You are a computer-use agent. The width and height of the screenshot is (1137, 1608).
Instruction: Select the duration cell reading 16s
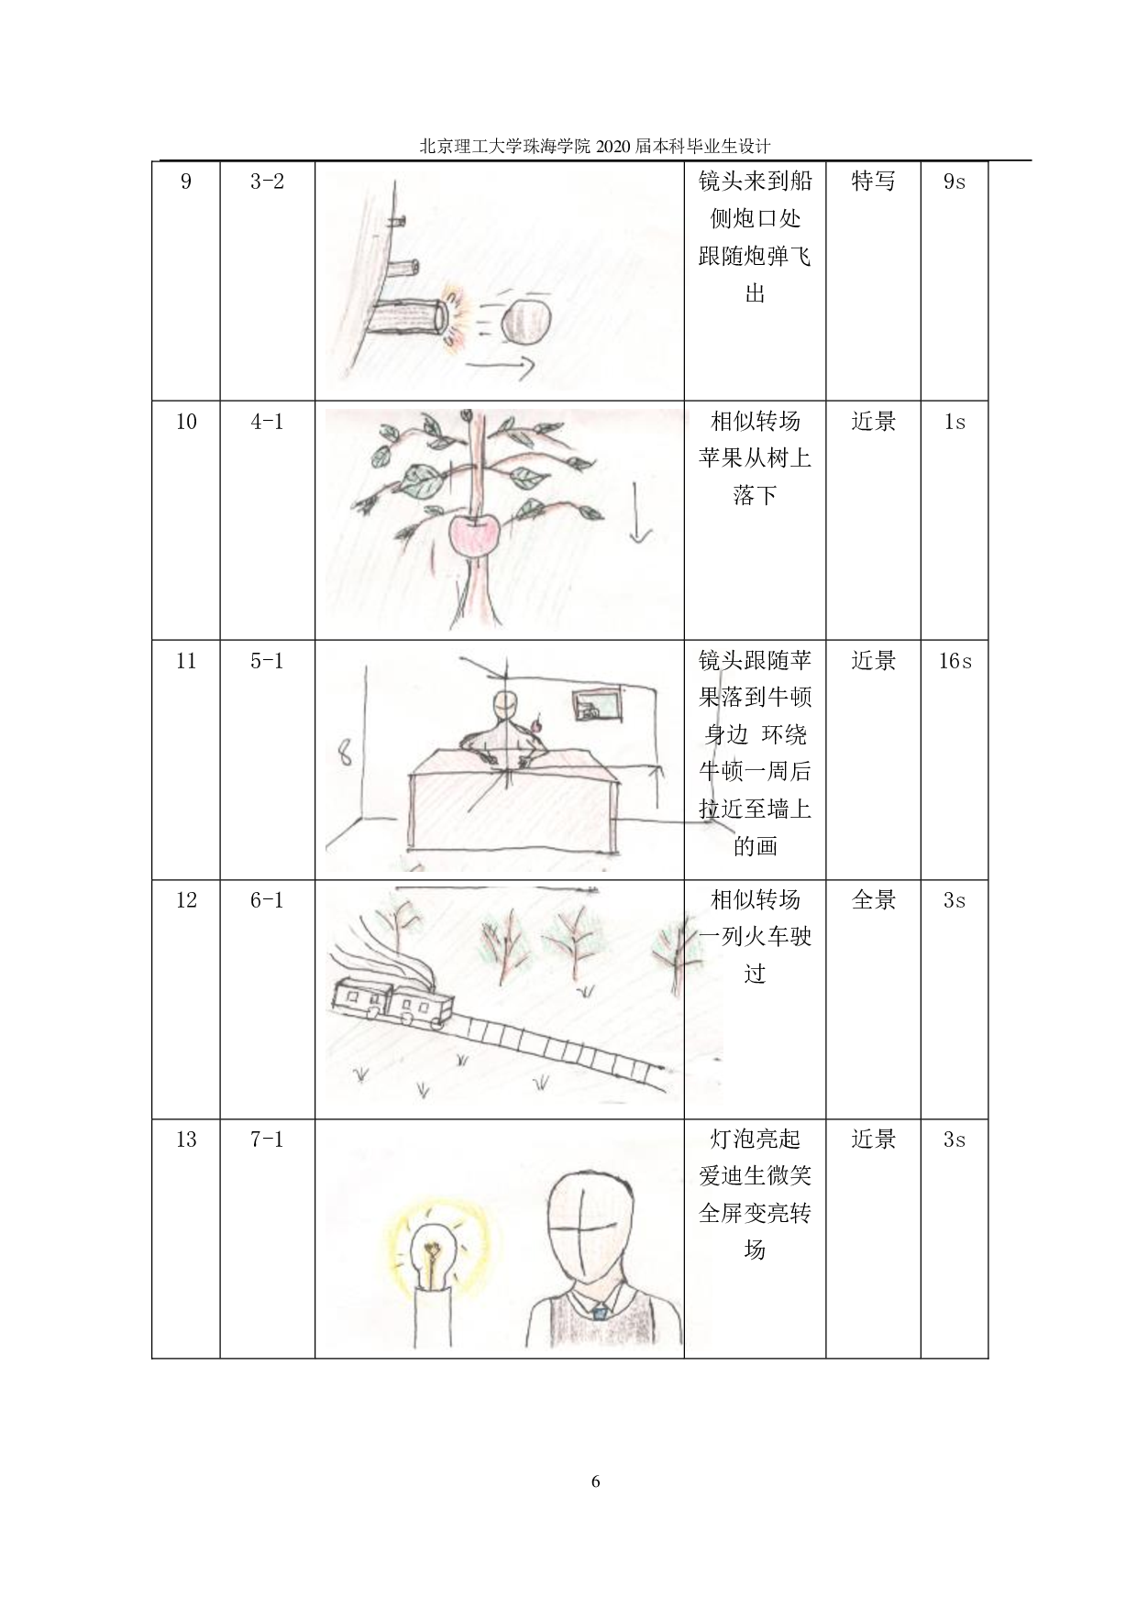pyautogui.click(x=955, y=661)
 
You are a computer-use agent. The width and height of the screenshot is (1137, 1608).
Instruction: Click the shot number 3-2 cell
pyautogui.click(x=267, y=182)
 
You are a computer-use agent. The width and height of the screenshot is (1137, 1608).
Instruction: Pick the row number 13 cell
pyautogui.click(x=186, y=1140)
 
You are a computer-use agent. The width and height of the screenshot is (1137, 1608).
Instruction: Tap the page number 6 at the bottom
pyautogui.click(x=595, y=1481)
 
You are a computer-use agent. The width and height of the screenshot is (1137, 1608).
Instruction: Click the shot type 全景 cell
pyautogui.click(x=873, y=900)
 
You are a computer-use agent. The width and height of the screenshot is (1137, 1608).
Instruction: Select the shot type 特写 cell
pyautogui.click(x=873, y=182)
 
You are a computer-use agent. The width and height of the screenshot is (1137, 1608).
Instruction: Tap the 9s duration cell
pyautogui.click(x=955, y=182)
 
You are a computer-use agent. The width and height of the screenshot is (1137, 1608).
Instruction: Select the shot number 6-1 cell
pyautogui.click(x=267, y=900)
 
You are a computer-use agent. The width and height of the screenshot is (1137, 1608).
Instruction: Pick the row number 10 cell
pyautogui.click(x=186, y=422)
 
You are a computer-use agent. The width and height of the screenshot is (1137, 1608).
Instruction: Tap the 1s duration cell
pyautogui.click(x=955, y=422)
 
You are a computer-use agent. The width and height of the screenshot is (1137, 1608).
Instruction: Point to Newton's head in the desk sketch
pyautogui.click(x=505, y=708)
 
